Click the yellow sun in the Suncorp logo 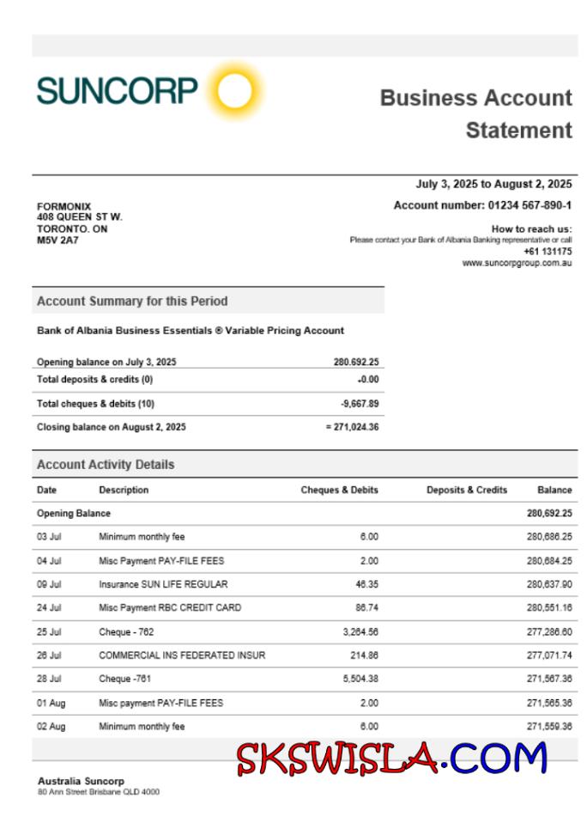(x=234, y=89)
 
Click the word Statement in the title (x=518, y=131)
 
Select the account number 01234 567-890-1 (x=530, y=205)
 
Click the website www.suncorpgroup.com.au (x=517, y=263)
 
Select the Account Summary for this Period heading (x=132, y=302)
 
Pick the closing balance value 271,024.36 (x=355, y=427)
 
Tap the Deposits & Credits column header (x=467, y=491)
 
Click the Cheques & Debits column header (x=339, y=491)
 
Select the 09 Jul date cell (x=49, y=584)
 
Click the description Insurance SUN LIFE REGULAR (x=163, y=584)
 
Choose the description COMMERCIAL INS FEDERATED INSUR (x=182, y=655)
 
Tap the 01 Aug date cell (x=51, y=703)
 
